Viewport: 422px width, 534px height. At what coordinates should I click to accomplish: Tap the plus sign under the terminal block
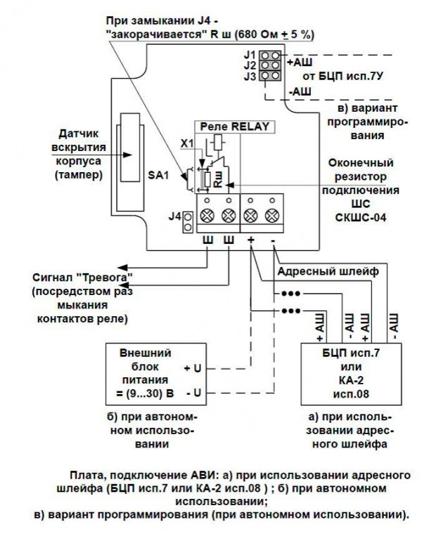pos(251,240)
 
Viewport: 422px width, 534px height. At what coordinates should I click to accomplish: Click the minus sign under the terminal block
pos(273,240)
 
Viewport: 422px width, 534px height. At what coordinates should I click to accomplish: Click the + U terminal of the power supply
pos(192,369)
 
